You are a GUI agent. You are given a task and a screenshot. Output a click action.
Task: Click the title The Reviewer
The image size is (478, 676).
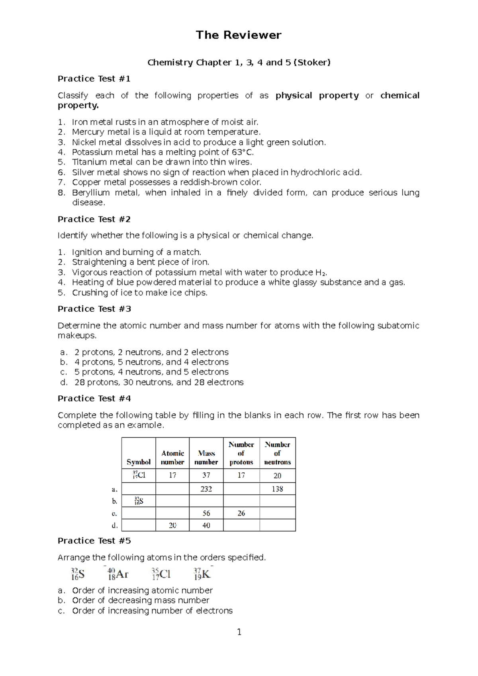239,35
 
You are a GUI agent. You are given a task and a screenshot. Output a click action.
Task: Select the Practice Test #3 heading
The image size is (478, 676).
94,309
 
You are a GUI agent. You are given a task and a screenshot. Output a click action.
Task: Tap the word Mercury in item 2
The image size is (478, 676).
87,132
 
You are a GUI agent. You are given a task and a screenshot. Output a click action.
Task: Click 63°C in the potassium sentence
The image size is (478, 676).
242,152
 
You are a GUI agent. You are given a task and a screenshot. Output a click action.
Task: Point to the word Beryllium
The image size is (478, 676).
90,193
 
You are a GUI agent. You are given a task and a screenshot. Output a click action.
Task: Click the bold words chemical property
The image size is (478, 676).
400,96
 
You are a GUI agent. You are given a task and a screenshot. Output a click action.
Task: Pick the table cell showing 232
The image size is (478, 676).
206,489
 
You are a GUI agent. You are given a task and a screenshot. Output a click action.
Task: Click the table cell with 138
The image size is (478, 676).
277,489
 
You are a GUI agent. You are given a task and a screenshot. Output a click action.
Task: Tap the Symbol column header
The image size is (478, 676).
138,462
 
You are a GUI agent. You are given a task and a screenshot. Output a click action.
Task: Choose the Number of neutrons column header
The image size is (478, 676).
277,453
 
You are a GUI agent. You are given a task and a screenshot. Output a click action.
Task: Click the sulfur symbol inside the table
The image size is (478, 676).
138,501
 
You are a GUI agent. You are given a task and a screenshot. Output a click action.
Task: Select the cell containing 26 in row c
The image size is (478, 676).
241,513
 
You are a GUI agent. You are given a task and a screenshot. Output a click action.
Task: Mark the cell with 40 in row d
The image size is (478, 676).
206,525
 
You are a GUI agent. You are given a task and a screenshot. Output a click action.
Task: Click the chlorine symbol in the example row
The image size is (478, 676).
139,475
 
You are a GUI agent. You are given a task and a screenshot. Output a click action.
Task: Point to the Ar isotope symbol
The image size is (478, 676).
118,574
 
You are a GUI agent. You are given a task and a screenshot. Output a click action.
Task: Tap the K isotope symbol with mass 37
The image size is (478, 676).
202,574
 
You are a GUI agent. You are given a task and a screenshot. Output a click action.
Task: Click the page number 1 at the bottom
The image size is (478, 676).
239,632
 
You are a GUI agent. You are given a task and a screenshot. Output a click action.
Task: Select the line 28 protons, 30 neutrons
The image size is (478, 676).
159,382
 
